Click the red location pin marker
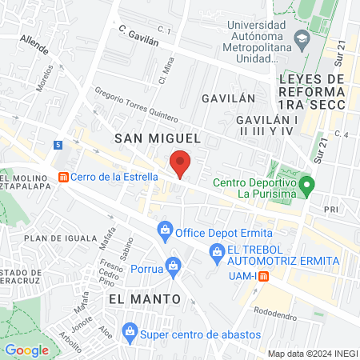[181, 162]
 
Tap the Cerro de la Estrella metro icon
[62, 178]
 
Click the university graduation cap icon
[302, 38]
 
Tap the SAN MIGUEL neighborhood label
[156, 138]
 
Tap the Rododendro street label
[276, 310]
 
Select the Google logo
[26, 350]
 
